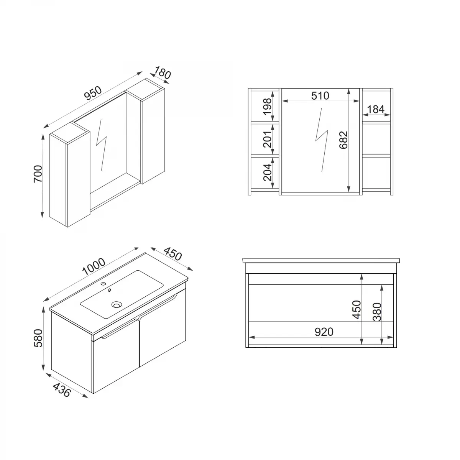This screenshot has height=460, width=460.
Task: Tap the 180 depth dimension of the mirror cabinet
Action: [162, 73]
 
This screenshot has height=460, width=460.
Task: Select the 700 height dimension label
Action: [38, 174]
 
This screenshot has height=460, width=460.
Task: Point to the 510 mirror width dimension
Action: [320, 95]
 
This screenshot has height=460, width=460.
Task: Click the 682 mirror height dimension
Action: [343, 140]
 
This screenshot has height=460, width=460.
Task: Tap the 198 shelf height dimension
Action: [267, 105]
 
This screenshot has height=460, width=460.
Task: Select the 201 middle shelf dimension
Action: [267, 138]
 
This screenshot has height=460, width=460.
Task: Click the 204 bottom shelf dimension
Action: [267, 172]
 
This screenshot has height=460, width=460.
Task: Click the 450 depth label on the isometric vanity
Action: [172, 254]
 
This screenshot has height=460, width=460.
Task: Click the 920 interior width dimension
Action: [324, 332]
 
